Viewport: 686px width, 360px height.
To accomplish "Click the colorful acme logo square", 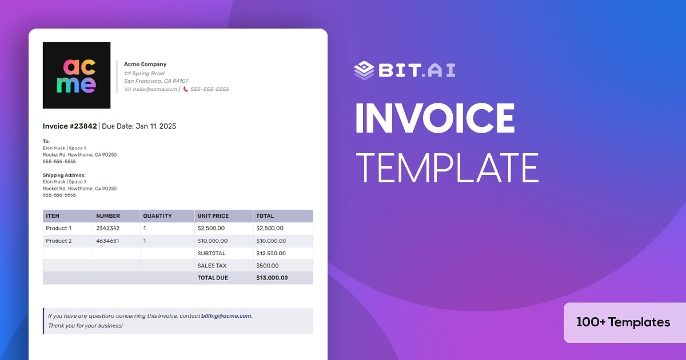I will tap(77, 75).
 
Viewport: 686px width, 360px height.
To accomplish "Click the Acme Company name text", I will tap(145, 65).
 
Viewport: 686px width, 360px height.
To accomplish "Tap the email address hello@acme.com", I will tap(155, 89).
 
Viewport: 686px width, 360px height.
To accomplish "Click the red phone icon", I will tap(185, 89).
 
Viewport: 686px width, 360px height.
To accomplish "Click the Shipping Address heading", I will tap(64, 175).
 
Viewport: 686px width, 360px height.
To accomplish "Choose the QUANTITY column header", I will tap(157, 216).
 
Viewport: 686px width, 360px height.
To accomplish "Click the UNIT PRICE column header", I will tap(213, 216).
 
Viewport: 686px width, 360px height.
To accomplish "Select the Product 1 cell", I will tap(59, 229).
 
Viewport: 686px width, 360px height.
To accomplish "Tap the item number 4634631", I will tap(107, 241).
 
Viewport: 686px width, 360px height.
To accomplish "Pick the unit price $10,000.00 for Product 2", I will tap(213, 241).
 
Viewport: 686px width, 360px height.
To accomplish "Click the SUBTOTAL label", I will tap(212, 253).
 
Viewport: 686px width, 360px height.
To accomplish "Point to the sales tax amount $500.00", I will tap(268, 266).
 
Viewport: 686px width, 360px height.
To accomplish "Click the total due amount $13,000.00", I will tap(272, 278).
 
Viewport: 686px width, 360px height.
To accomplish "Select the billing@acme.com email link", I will tap(226, 316).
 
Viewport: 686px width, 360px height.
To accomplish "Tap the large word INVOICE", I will tap(434, 119).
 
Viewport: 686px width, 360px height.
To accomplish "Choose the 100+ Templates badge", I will tap(623, 322).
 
